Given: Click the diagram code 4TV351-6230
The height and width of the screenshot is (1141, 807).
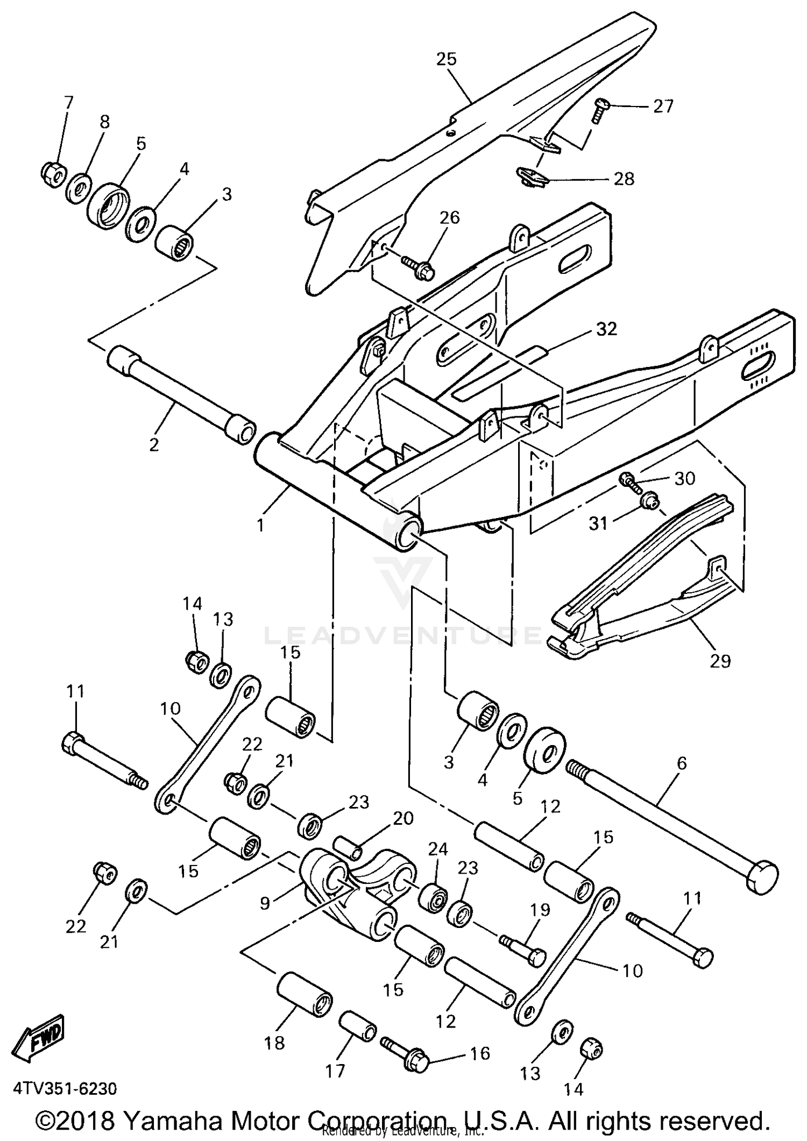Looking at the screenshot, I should tap(65, 1089).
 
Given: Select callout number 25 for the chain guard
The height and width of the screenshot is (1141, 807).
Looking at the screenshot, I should tap(447, 59).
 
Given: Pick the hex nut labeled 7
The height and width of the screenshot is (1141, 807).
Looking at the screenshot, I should tap(53, 173).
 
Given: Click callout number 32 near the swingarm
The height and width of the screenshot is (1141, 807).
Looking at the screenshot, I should tap(606, 329).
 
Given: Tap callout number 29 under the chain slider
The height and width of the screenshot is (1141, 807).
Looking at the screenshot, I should tap(720, 661).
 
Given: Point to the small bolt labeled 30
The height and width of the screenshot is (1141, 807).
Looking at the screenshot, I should tap(629, 480).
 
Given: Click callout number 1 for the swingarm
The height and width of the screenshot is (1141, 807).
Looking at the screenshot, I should tap(260, 525).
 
